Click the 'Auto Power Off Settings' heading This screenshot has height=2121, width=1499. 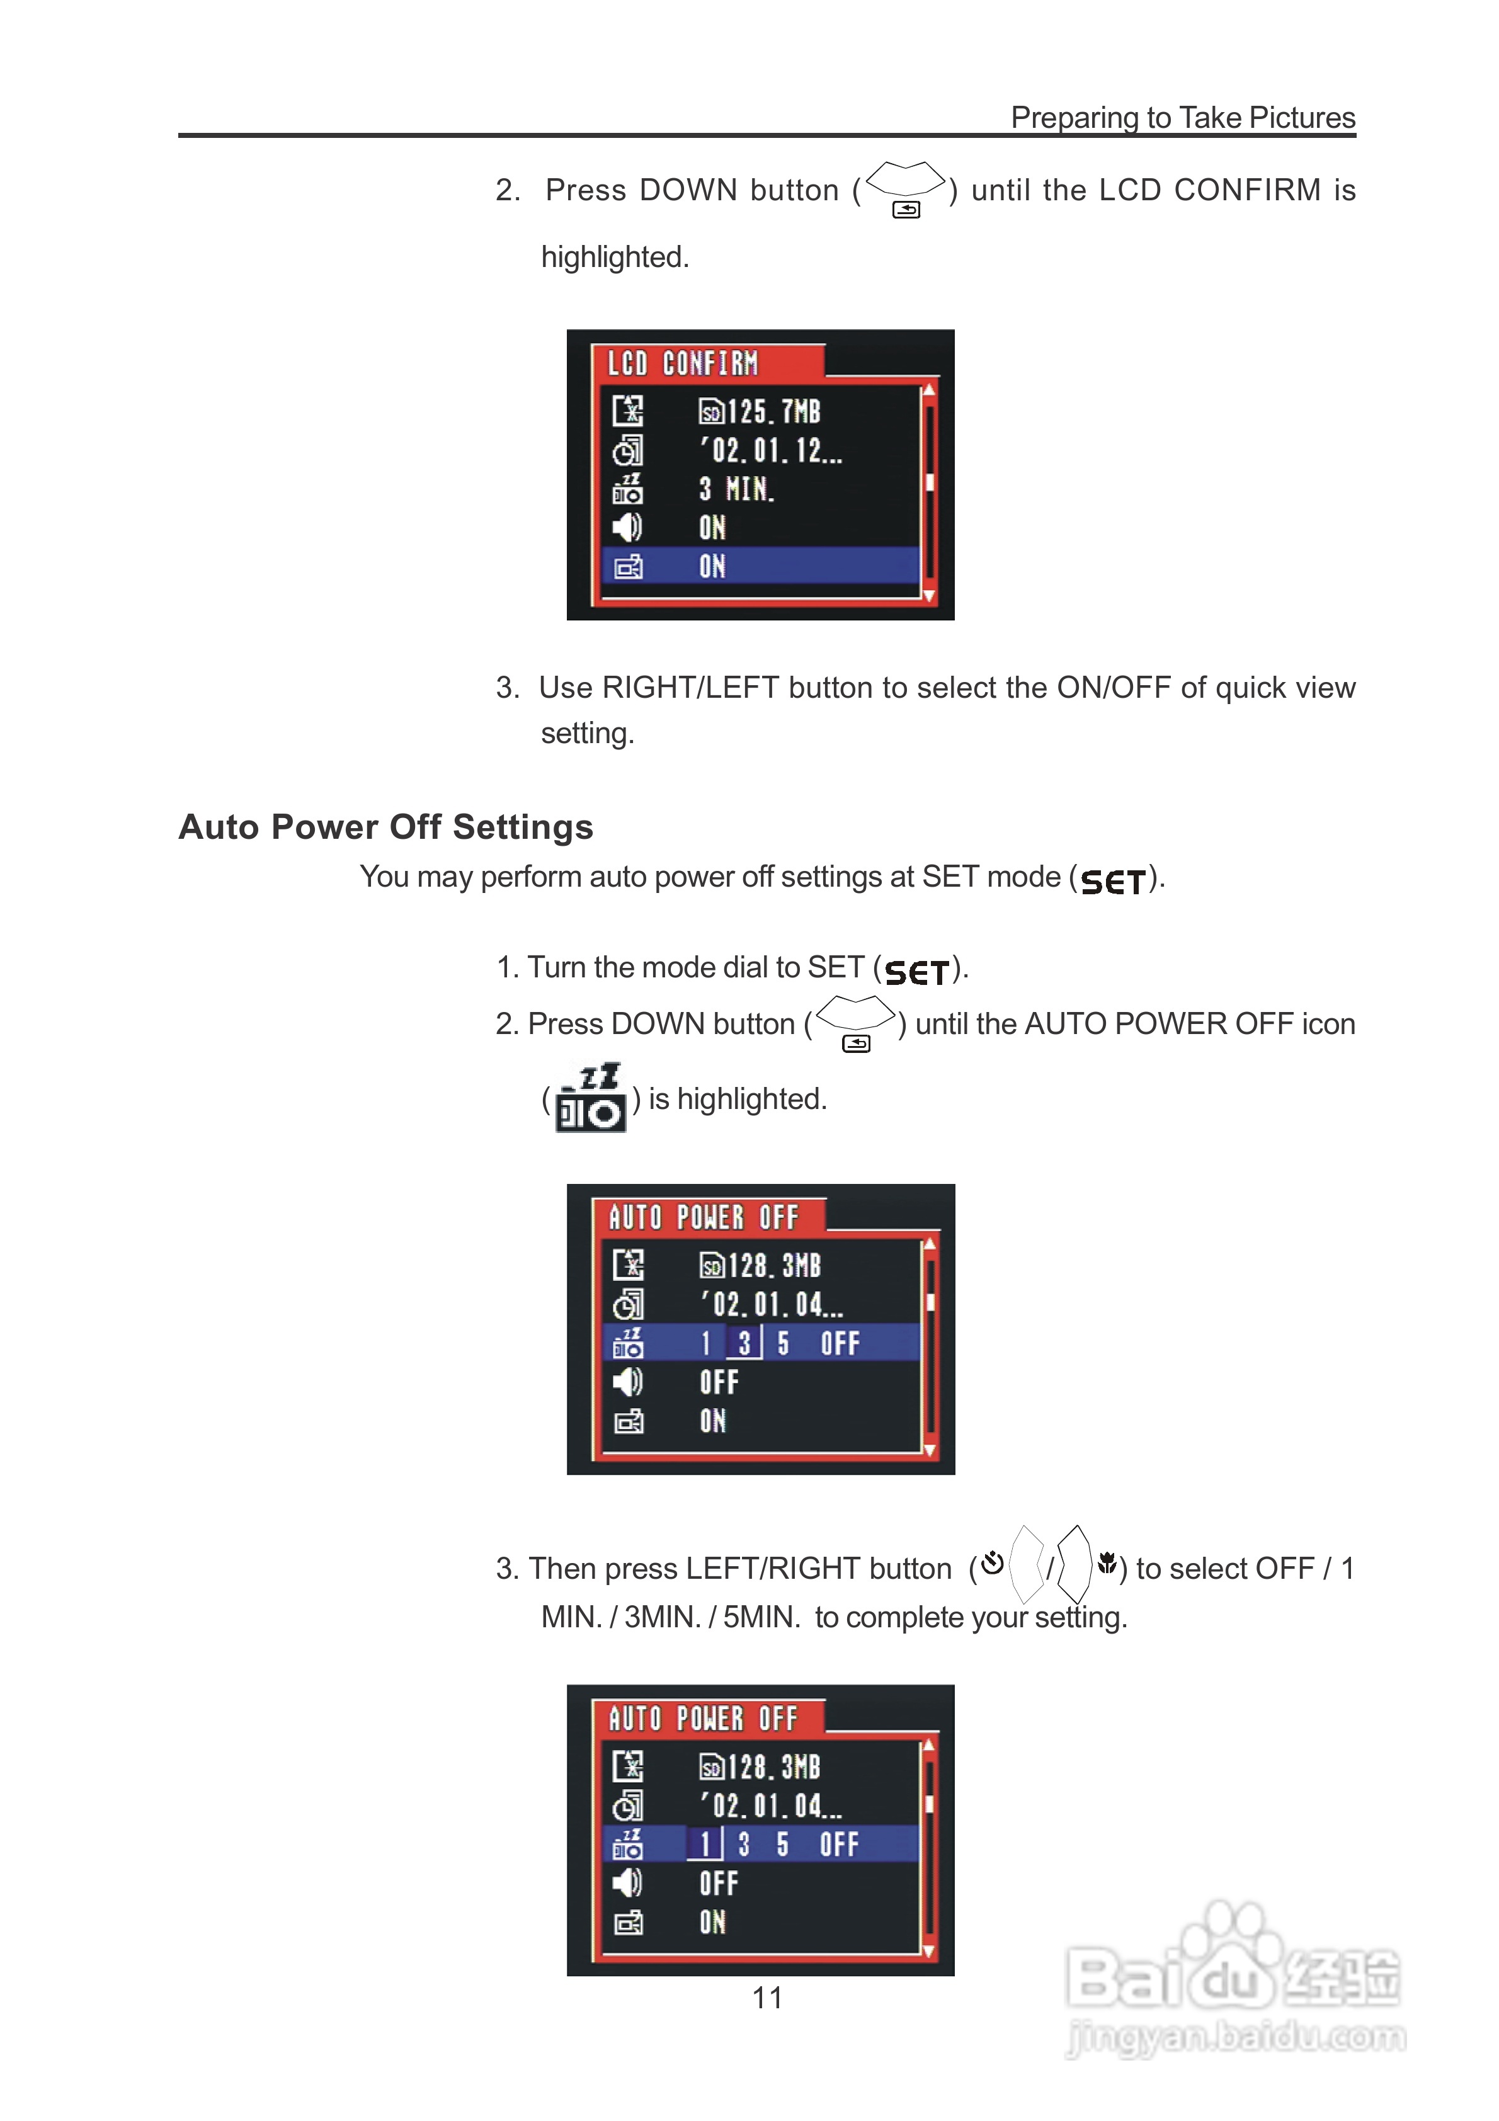pos(385,827)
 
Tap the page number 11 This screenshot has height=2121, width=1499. pos(767,1997)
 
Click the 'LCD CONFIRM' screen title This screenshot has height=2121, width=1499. pos(683,363)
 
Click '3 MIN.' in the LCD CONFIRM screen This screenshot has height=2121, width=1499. pos(736,489)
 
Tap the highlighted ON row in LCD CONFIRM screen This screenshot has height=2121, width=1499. pos(760,566)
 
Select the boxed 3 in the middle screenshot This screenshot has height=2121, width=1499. pos(744,1342)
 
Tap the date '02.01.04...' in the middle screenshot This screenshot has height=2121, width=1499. pos(771,1304)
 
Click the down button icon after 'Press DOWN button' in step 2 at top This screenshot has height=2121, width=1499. pos(906,188)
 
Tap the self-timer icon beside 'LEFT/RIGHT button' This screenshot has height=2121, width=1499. pos(993,1563)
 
